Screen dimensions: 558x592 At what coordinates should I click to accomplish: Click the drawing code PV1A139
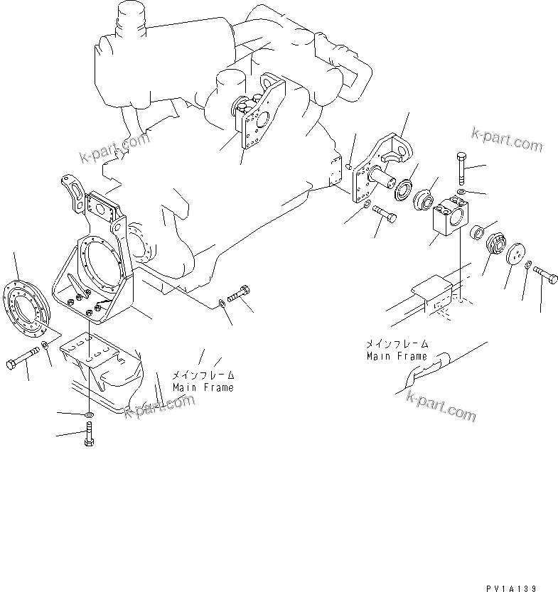coord(511,588)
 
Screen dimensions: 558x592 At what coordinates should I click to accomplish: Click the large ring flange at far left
coord(26,308)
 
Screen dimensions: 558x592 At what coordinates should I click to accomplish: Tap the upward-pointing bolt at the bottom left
coord(89,434)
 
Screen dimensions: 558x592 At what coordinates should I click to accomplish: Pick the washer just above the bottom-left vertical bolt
coord(90,415)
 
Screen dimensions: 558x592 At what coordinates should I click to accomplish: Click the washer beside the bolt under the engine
coord(222,303)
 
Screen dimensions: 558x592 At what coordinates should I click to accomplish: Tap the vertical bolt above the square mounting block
coord(462,168)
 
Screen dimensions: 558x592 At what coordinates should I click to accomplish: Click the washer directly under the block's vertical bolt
coord(461,192)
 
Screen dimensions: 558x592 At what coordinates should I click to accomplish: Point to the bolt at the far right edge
coord(545,274)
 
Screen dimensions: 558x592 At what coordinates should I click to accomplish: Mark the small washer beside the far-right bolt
coord(529,265)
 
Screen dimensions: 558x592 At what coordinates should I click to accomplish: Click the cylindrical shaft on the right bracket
coord(382,177)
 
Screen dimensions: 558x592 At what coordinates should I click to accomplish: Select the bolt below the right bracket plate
coord(385,213)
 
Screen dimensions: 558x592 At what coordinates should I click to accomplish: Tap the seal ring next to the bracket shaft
coord(404,190)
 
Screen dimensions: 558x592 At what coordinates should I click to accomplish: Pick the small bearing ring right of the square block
coord(478,232)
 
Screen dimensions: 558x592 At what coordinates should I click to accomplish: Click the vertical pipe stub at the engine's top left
coord(132,19)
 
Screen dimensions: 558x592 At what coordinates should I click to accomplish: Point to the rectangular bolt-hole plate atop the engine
coord(252,129)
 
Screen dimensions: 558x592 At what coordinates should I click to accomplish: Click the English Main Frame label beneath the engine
coord(203,387)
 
